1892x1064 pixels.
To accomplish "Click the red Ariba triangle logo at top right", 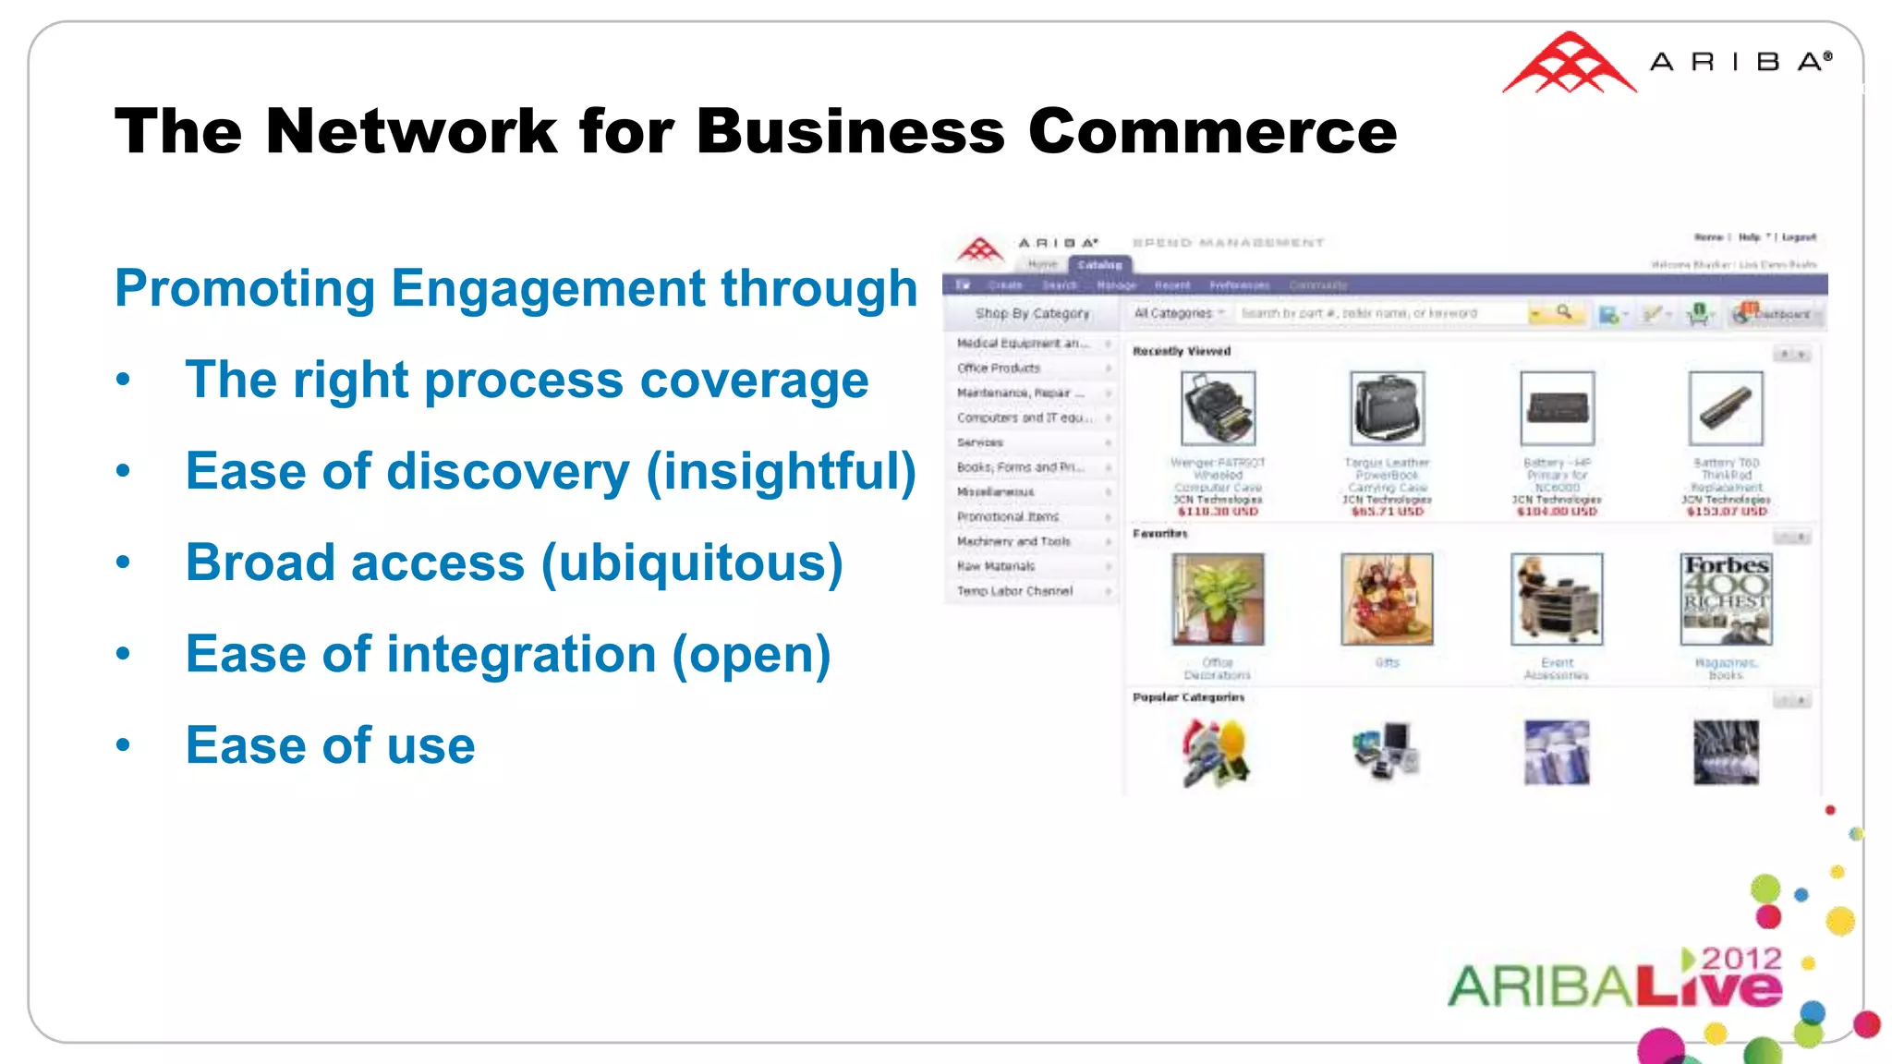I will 1569,64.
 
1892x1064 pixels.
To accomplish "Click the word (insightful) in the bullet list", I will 781,471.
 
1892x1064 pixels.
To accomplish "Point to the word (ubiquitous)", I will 692,562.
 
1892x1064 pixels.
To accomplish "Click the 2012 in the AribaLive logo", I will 1740,959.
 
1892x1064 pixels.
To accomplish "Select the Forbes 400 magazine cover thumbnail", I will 1726,598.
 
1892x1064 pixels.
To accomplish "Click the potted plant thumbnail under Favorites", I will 1218,598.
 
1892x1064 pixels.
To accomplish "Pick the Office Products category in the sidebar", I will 999,368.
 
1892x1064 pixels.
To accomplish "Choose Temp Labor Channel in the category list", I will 1014,591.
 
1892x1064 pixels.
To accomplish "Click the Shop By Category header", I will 1032,314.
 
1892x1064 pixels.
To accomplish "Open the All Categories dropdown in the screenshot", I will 1179,314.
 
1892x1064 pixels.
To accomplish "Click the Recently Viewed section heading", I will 1182,351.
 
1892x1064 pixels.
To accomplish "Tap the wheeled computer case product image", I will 1218,408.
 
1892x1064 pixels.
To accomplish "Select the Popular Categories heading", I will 1188,697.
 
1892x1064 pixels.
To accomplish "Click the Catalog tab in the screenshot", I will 1099,265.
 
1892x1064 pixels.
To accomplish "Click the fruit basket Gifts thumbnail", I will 1387,598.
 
